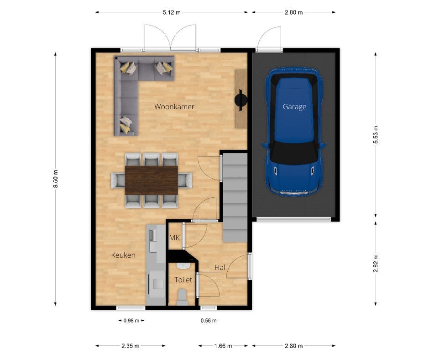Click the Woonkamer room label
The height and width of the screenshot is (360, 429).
[x=174, y=106]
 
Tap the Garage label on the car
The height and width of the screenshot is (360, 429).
[x=294, y=106]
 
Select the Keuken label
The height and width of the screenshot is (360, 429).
[x=123, y=255]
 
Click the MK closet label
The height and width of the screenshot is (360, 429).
[x=174, y=238]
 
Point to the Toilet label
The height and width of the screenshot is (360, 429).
[x=183, y=280]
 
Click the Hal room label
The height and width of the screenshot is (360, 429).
[x=220, y=267]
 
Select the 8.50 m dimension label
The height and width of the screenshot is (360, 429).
[x=56, y=179]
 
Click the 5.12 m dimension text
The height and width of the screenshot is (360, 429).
[x=172, y=12]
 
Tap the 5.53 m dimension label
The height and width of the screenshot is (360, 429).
[x=376, y=134]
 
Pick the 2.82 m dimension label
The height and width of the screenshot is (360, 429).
[x=376, y=263]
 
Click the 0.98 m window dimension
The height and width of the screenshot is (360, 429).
[x=131, y=321]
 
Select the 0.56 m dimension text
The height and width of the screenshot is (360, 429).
[x=209, y=321]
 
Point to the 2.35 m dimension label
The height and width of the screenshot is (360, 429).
[x=131, y=346]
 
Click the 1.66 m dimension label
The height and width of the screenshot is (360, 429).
[x=223, y=346]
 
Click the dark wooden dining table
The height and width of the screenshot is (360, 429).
[x=152, y=180]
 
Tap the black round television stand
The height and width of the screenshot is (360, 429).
[x=241, y=100]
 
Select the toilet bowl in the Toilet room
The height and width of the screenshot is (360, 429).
[x=182, y=297]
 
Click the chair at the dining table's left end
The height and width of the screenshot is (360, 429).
[x=118, y=180]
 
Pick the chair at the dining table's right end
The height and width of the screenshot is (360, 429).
[x=185, y=180]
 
